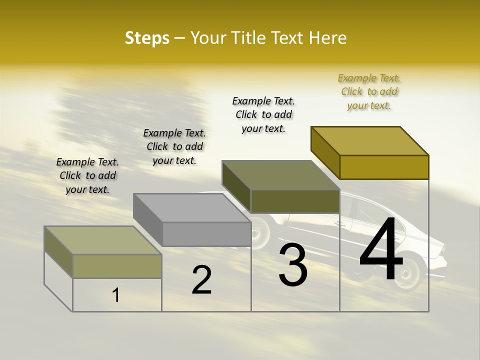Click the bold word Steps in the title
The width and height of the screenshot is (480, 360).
coord(147,38)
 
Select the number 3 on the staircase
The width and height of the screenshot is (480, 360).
coord(293,265)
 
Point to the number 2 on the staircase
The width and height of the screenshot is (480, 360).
coord(201,280)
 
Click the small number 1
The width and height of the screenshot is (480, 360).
coord(116,295)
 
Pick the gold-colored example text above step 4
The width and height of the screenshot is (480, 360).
coord(369,92)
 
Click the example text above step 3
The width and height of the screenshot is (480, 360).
coord(263,115)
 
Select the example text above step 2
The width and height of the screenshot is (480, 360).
coord(174,146)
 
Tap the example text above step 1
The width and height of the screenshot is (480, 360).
coord(87,175)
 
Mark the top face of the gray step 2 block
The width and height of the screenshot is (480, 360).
coord(192,207)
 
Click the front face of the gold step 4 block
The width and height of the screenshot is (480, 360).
coord(384,167)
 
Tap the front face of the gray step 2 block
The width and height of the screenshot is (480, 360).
coord(206,234)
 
